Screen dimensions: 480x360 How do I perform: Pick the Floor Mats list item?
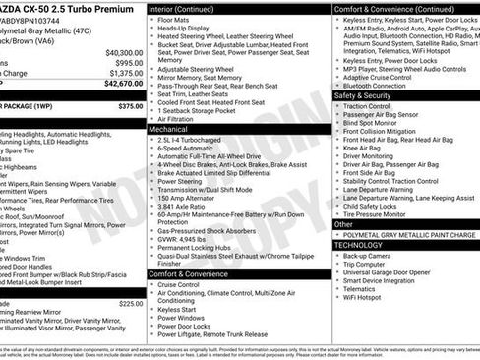click(176, 19)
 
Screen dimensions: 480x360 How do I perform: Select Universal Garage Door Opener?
click(395, 272)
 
